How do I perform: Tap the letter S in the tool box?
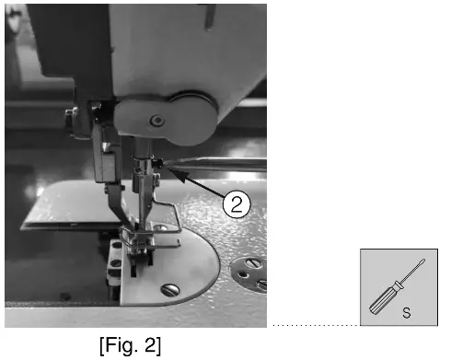(406, 313)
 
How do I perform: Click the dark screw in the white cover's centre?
(158, 119)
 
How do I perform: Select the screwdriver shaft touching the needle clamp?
(221, 165)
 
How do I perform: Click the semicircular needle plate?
(184, 276)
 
